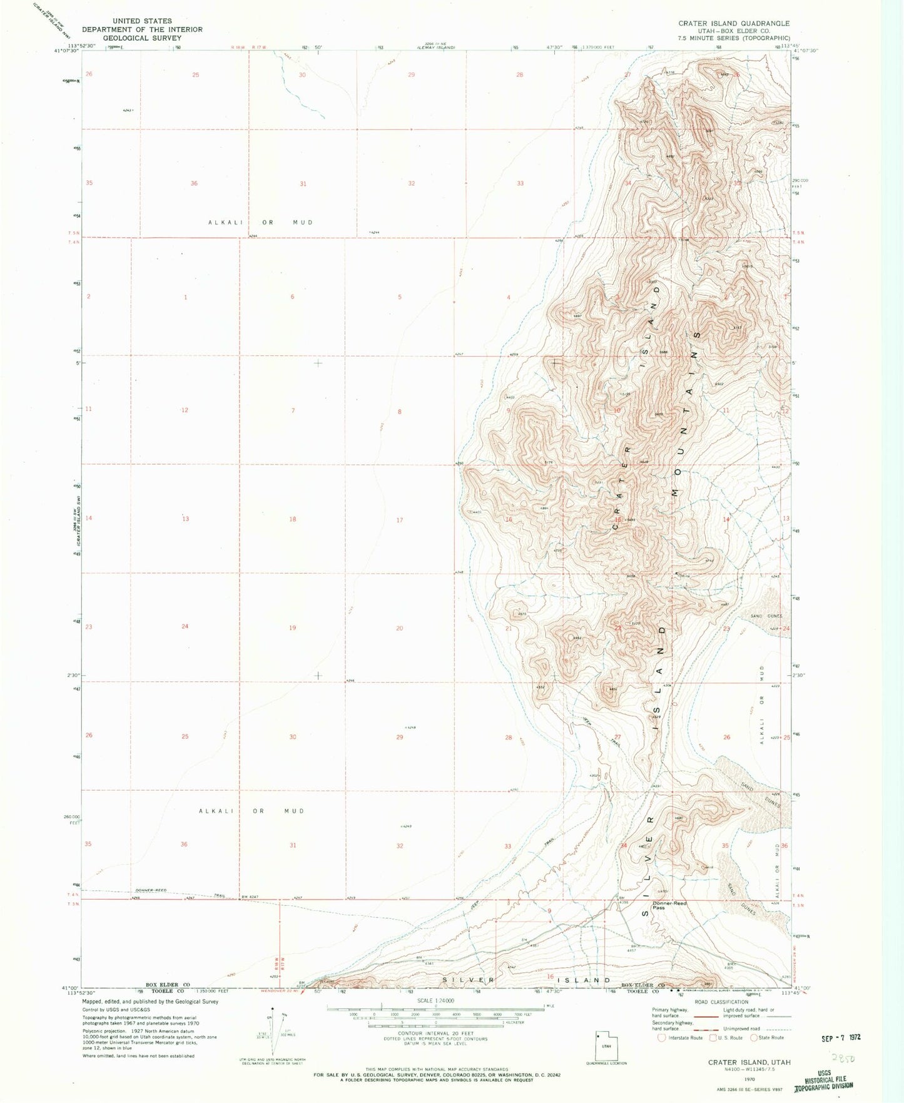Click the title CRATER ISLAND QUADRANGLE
(734, 23)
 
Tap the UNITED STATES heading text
(142, 21)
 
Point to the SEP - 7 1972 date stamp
(841, 1037)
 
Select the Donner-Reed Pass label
(669, 905)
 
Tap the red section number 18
(292, 519)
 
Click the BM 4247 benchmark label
(250, 897)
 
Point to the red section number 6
(292, 297)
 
